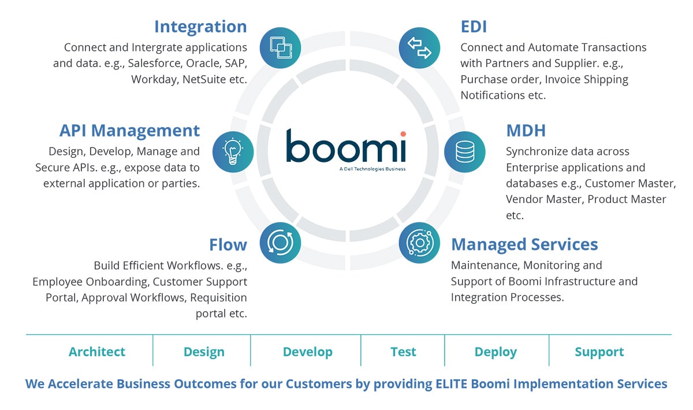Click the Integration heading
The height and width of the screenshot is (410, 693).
click(200, 27)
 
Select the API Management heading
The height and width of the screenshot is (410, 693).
click(129, 131)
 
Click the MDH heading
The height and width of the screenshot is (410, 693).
click(526, 131)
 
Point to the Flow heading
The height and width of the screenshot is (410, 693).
click(228, 245)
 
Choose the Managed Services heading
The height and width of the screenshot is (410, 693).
click(524, 245)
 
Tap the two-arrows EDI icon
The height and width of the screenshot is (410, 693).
click(419, 47)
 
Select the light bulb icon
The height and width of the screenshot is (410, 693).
click(233, 152)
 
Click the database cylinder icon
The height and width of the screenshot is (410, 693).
click(465, 152)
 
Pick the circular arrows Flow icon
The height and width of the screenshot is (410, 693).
click(280, 242)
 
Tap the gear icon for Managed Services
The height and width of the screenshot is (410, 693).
click(419, 242)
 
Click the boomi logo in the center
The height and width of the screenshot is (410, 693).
click(346, 148)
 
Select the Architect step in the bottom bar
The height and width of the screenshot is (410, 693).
click(96, 352)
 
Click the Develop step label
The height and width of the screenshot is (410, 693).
click(307, 352)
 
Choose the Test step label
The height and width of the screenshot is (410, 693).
click(403, 352)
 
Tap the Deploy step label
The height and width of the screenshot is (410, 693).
click(495, 352)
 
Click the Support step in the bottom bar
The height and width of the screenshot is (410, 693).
click(599, 352)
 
